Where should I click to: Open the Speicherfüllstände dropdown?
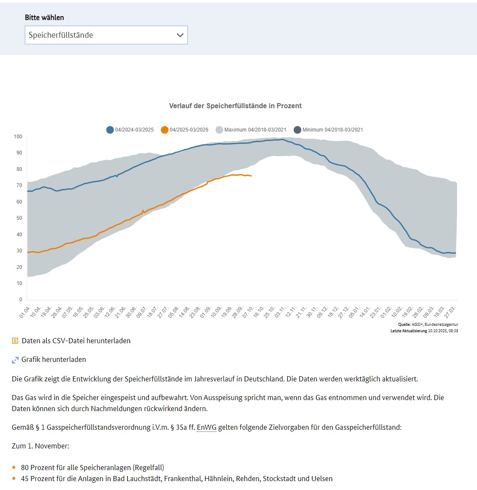click(106, 35)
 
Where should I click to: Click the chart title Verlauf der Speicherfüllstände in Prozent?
click(235, 106)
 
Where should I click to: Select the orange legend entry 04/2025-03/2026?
click(185, 130)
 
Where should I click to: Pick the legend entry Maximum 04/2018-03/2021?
click(251, 130)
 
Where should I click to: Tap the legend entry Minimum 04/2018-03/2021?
click(328, 130)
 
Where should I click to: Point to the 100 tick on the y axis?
click(18, 137)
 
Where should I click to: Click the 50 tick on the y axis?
click(19, 218)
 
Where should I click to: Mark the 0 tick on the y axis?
click(20, 300)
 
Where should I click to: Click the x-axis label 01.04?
click(25, 312)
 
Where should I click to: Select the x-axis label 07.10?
click(248, 312)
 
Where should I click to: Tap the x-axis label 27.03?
click(451, 312)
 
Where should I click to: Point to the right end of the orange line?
click(251, 176)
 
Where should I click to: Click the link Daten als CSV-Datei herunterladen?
click(76, 341)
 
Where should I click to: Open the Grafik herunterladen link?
click(53, 359)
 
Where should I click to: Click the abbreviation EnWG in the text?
click(206, 427)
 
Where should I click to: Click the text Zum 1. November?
click(40, 446)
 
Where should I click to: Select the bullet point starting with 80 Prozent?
click(93, 468)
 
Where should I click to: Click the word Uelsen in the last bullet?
click(322, 479)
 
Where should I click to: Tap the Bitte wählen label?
click(45, 17)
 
